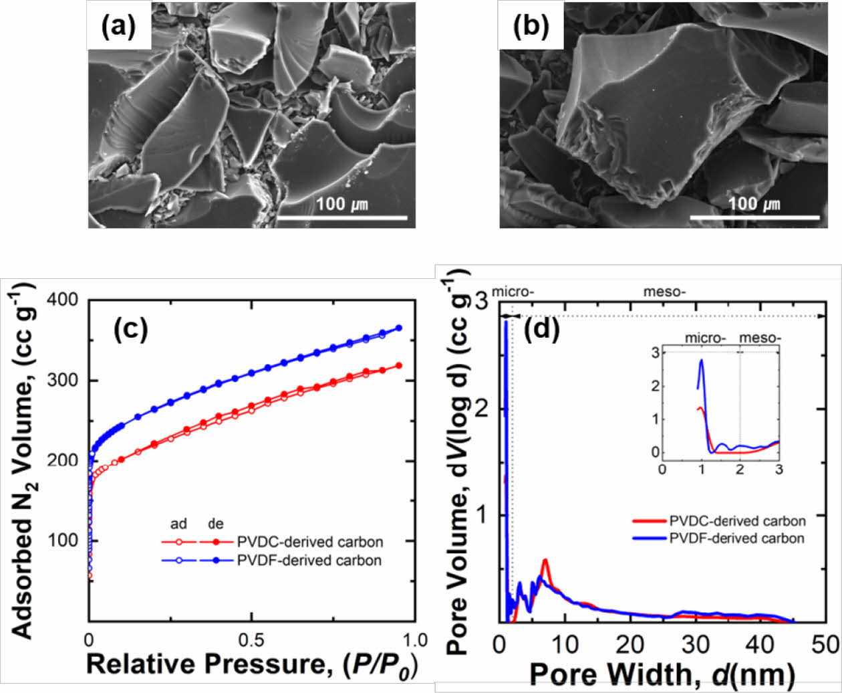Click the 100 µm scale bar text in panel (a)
click(x=341, y=203)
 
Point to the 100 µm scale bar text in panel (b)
click(x=753, y=203)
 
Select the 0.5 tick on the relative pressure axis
click(x=251, y=639)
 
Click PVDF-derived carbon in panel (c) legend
click(x=309, y=560)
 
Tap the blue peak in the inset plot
click(x=702, y=361)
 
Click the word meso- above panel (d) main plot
click(x=664, y=292)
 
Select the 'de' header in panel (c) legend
click(x=215, y=524)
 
